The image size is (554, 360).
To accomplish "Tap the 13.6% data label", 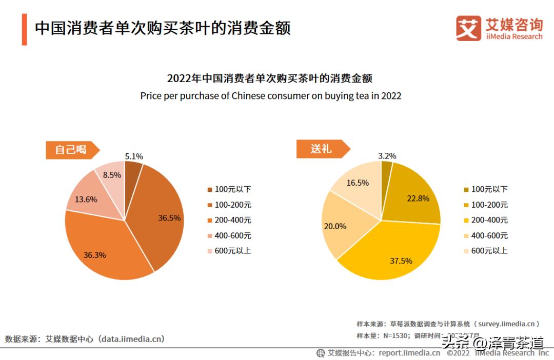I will tap(86, 199).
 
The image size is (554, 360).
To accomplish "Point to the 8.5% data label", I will tap(112, 175).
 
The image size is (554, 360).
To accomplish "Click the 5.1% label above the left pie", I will tap(134, 156).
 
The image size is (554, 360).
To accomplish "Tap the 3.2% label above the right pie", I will tap(387, 156).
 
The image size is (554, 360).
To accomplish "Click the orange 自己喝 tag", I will tap(71, 150).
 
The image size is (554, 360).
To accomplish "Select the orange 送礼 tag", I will tap(322, 149).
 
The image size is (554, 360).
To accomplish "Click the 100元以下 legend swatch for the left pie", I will tap(209, 190).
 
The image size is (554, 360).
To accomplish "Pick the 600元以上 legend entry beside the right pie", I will tap(484, 251).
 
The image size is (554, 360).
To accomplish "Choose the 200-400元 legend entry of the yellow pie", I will tap(484, 220).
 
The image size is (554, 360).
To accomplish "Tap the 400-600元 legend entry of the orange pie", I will tap(228, 235).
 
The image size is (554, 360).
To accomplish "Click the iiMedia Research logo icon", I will tap(468, 28).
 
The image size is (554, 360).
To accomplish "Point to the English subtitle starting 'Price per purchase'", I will tap(270, 96).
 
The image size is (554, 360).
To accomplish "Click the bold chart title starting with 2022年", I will tap(270, 78).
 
